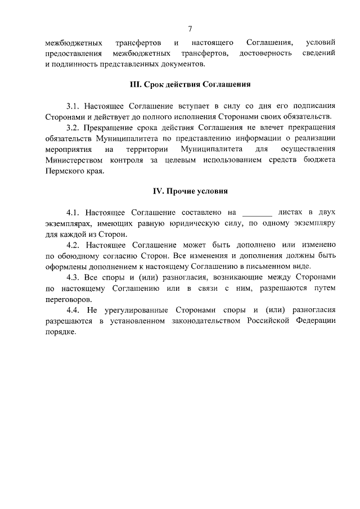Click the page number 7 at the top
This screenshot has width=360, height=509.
click(x=190, y=29)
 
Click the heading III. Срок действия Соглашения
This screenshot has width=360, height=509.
click(x=190, y=85)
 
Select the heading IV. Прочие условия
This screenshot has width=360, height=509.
click(x=190, y=191)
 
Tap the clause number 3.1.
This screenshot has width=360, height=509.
click(x=74, y=106)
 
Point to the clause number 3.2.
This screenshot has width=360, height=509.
click(x=74, y=128)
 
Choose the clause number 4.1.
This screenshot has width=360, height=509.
click(x=74, y=213)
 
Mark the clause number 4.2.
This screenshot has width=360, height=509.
click(x=74, y=245)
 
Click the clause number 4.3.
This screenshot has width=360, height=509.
click(x=74, y=277)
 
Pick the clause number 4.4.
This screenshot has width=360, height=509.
click(x=74, y=310)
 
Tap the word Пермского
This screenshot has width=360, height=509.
click(x=66, y=170)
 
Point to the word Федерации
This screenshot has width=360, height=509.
click(x=315, y=321)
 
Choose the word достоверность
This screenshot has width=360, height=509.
click(x=265, y=53)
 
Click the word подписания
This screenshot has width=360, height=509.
click(x=315, y=106)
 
